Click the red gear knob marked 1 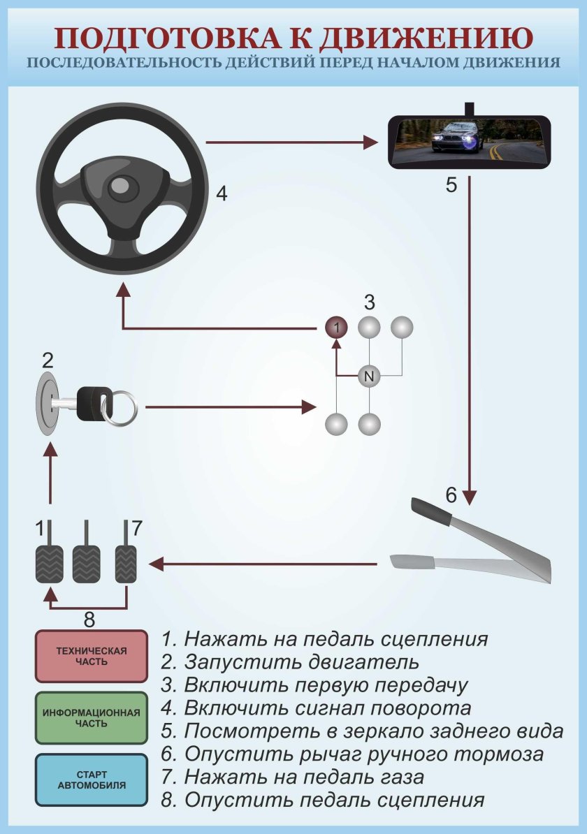coord(336,327)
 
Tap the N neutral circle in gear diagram coord(369,376)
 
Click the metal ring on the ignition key coord(123,407)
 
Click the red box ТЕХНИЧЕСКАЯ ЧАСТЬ coord(92,657)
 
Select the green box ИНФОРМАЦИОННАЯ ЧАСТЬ coord(92,718)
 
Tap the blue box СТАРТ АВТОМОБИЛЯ coord(92,780)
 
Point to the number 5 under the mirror coord(451,185)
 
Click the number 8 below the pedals coord(89,619)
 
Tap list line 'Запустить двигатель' coord(300,661)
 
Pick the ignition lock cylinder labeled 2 coord(48,404)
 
